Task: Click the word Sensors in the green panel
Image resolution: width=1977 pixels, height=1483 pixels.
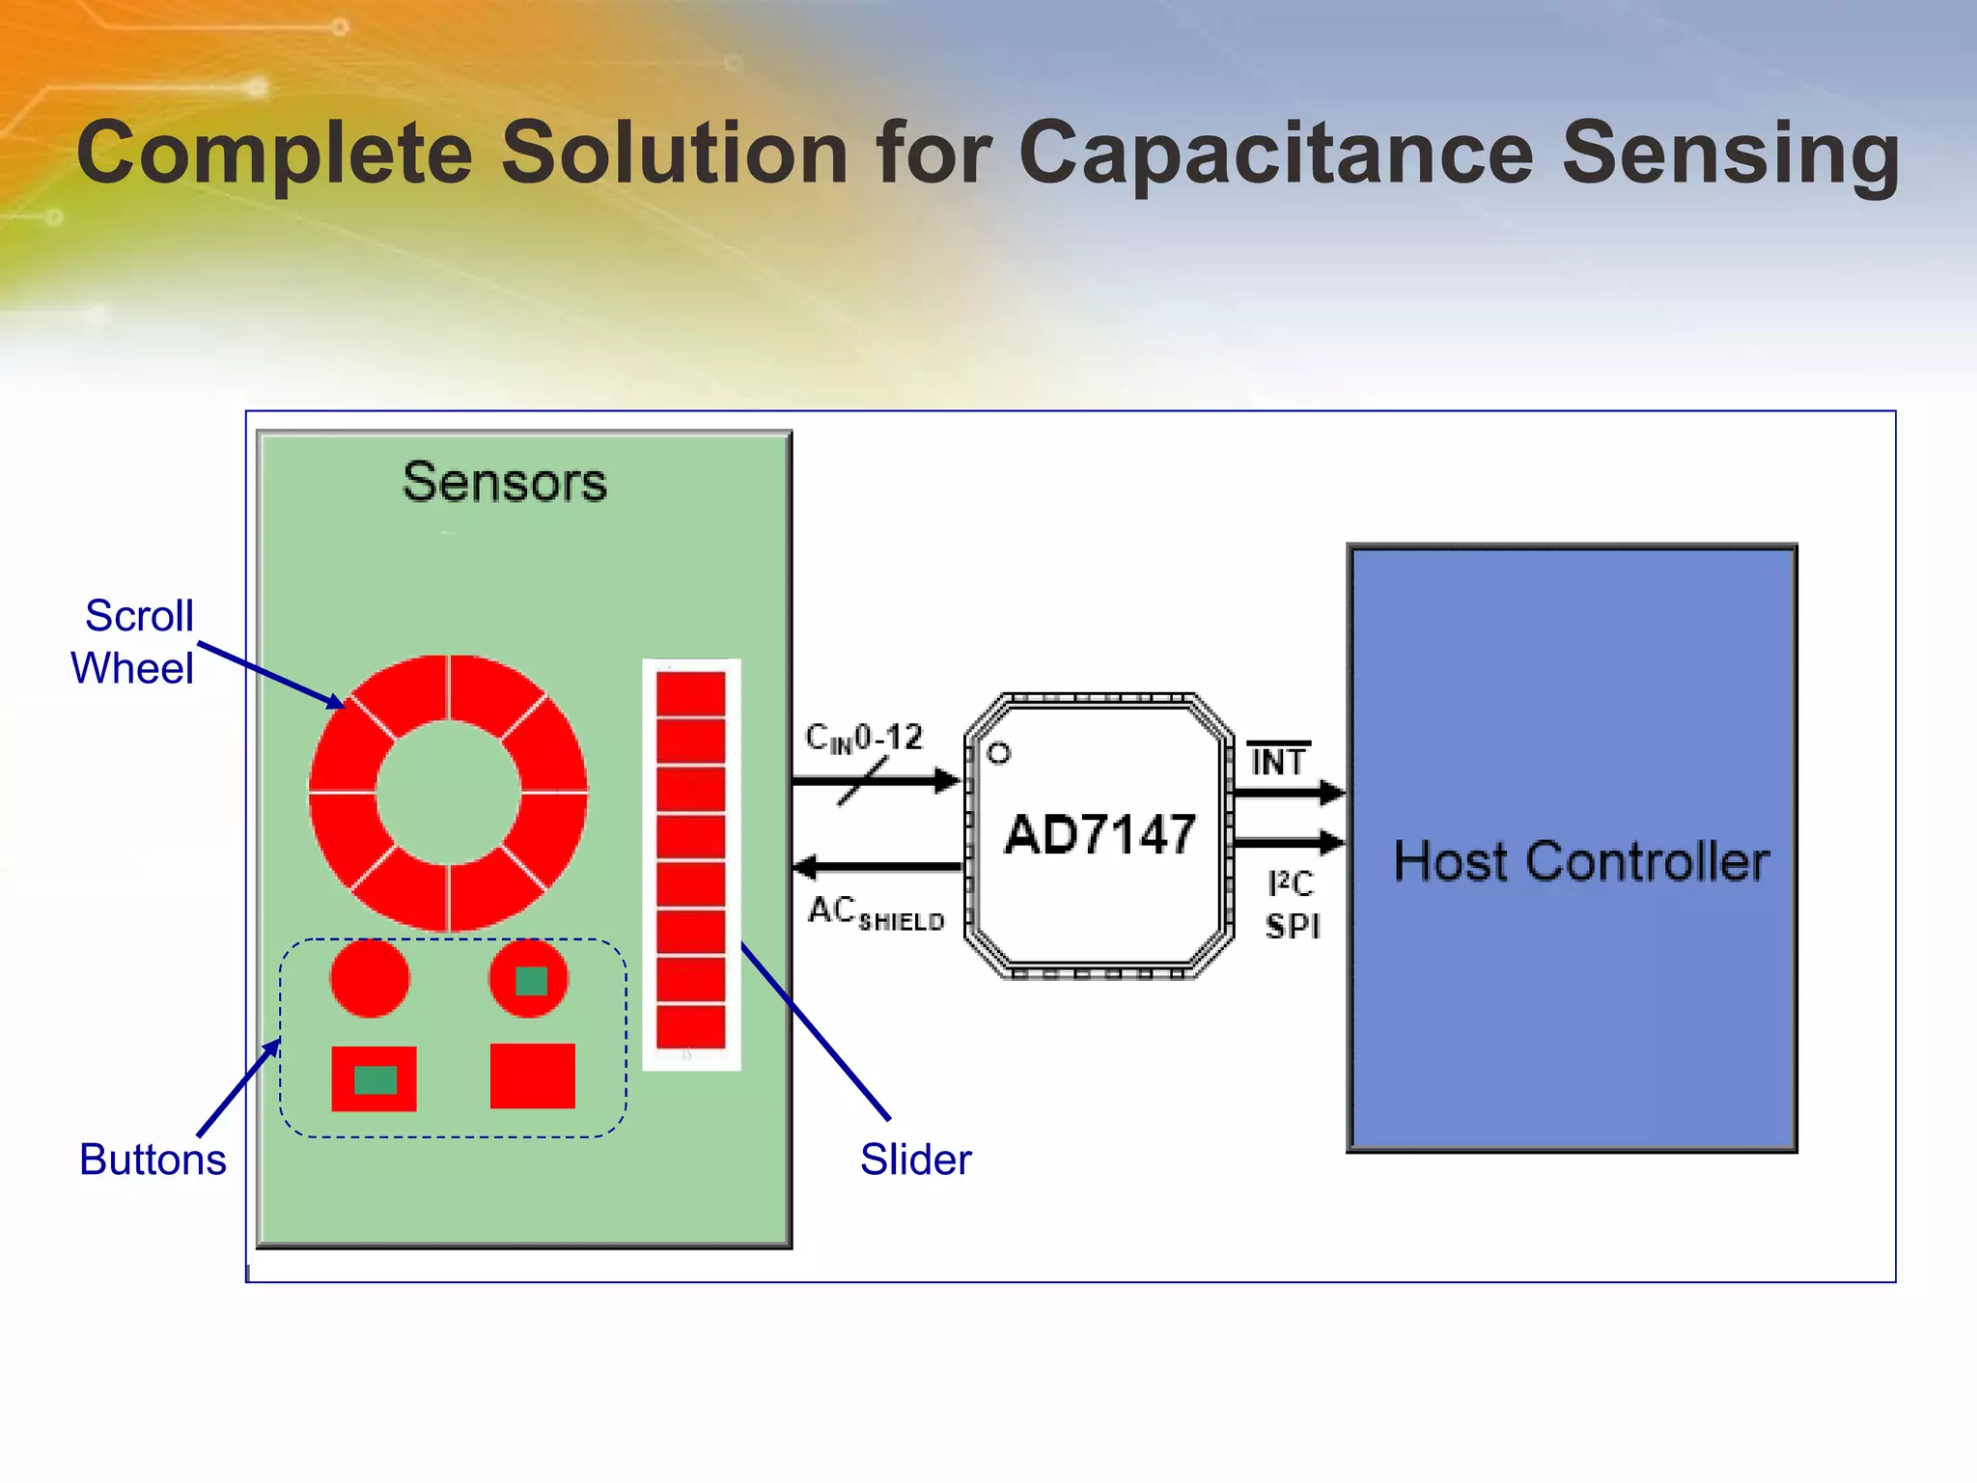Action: pos(504,482)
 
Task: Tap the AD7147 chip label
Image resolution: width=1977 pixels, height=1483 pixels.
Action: pos(1100,835)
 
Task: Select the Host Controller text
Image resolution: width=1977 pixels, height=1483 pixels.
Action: pos(1580,861)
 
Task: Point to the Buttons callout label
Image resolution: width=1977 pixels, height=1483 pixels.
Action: pos(153,1160)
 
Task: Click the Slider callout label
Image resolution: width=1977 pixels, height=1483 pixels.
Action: pos(915,1160)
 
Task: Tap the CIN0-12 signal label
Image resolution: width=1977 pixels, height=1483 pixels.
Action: pos(864,739)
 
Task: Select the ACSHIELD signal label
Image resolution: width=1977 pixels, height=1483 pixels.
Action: pos(875,913)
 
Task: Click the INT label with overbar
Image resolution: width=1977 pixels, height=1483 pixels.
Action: pos(1277,762)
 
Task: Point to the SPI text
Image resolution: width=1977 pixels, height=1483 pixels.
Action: pos(1292,926)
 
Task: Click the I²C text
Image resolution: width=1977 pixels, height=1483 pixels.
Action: pos(1291,882)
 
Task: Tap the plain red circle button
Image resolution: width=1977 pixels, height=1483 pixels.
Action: pos(370,978)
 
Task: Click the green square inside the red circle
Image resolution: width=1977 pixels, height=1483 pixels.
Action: pos(531,981)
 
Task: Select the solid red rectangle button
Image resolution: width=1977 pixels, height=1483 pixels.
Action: pos(532,1076)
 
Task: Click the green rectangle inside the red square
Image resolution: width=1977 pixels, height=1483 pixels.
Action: pos(375,1079)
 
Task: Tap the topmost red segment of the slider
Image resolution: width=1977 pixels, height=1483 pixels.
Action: pos(690,694)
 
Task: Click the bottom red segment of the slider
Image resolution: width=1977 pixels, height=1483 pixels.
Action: pos(690,1025)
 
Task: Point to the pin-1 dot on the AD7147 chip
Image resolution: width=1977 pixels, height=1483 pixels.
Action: pos(999,753)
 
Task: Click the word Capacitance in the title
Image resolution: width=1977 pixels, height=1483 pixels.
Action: pos(1275,154)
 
